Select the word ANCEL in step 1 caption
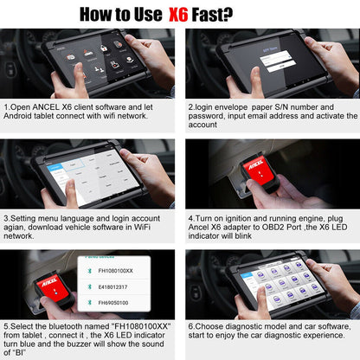[x=45, y=107]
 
